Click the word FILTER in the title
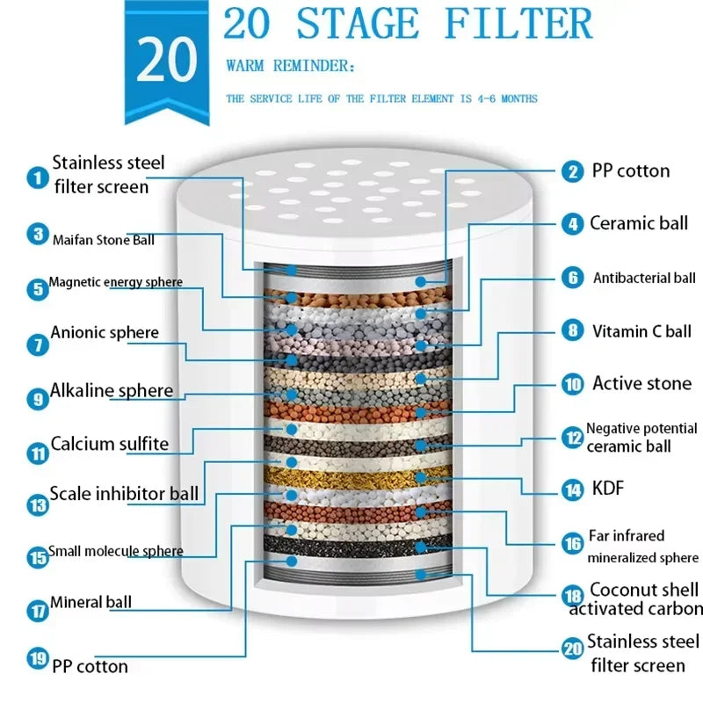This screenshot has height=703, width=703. point(518,24)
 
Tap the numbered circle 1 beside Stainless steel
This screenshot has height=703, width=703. point(37,178)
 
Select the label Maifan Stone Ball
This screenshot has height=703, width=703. point(104,239)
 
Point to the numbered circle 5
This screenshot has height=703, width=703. point(37,288)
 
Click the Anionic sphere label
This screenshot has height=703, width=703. point(105,333)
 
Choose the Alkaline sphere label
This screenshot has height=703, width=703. point(112,390)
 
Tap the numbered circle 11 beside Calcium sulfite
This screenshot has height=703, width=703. point(37,453)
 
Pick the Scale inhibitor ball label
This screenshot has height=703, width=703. point(124,494)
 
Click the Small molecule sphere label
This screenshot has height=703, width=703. point(115,552)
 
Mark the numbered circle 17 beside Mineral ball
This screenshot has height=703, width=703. point(37,609)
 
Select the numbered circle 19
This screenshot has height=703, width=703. point(37,657)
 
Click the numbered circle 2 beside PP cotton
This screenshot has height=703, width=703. point(573,171)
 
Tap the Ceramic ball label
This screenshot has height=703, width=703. point(638,223)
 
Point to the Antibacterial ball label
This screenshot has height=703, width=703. point(644,279)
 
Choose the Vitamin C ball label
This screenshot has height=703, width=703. point(641,331)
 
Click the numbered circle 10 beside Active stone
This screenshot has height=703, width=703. point(573,384)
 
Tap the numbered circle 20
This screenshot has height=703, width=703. point(573,649)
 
